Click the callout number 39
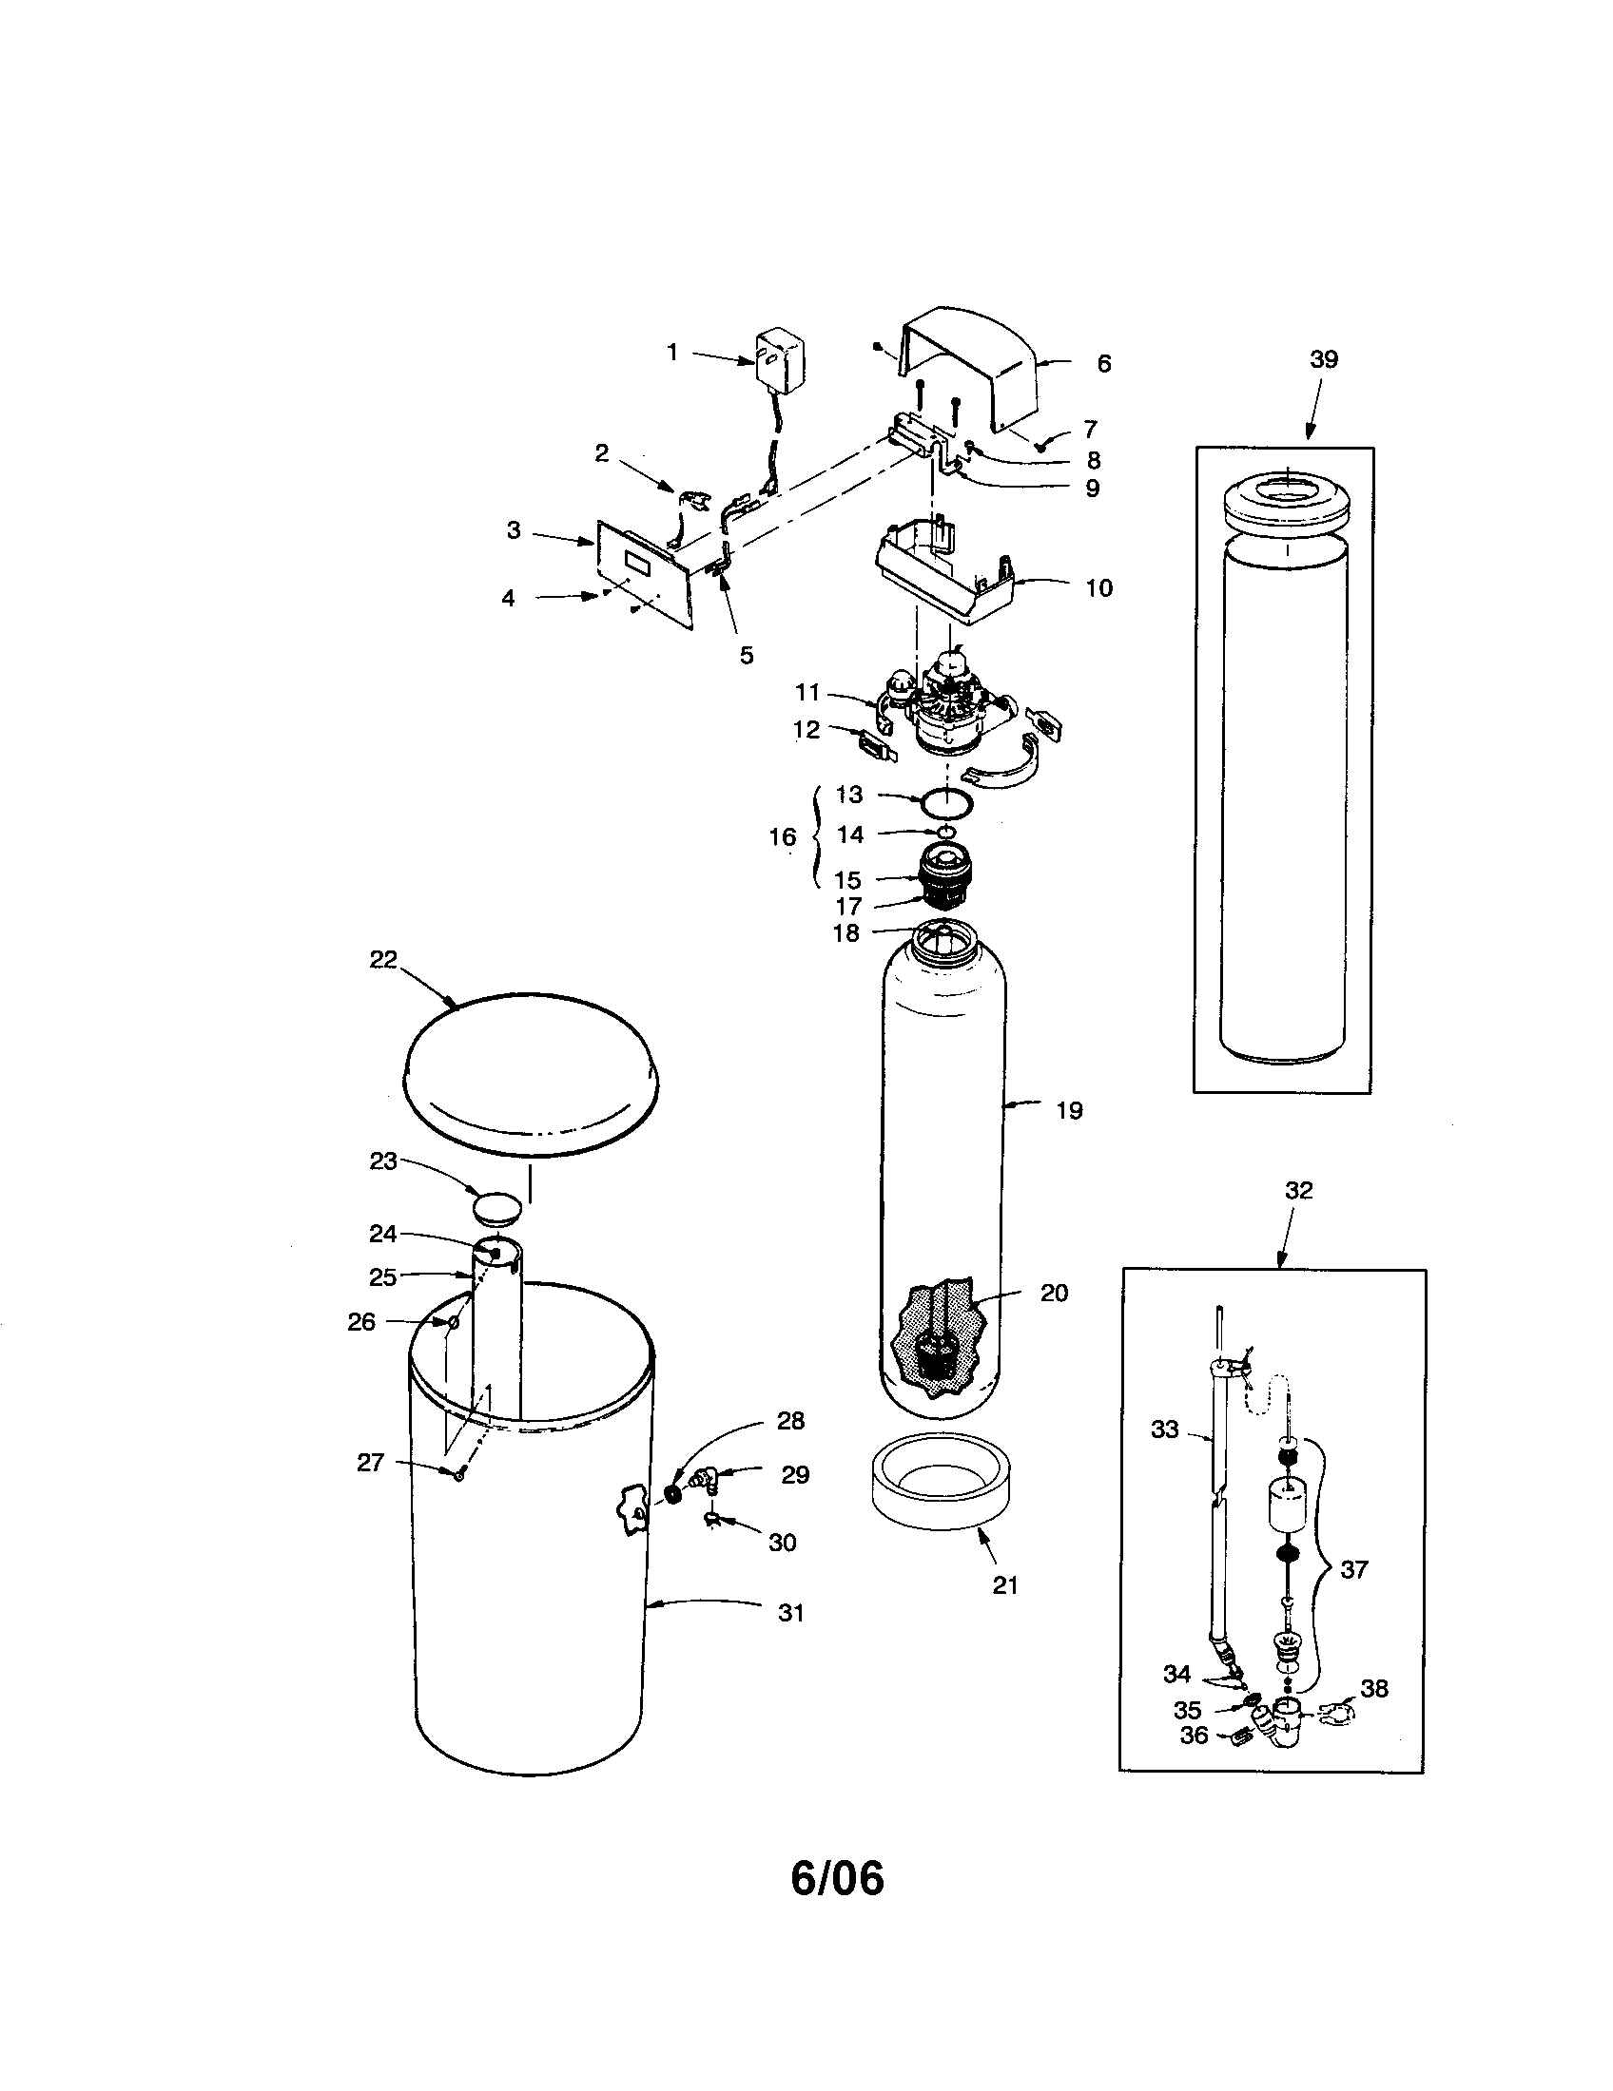coord(1323,359)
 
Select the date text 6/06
coord(837,1907)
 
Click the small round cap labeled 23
coord(498,1207)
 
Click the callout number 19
coord(1069,1110)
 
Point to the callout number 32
coord(1298,1190)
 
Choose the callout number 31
coord(790,1613)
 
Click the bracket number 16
coord(782,836)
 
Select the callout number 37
coord(1353,1569)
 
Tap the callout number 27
coord(370,1463)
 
